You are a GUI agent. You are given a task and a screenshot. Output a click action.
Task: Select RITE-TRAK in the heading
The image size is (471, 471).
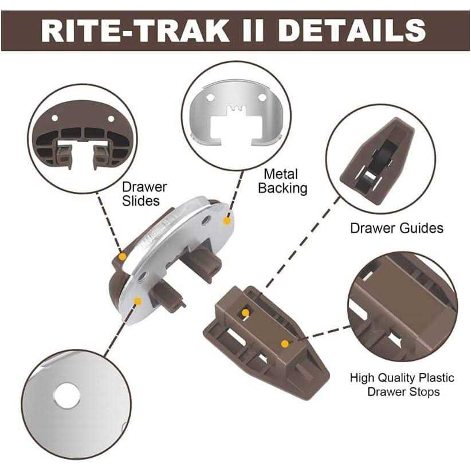[x=135, y=30]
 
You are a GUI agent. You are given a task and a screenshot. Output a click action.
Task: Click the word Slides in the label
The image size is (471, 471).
[x=141, y=201]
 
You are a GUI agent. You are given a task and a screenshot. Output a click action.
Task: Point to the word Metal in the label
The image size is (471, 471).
[x=281, y=174]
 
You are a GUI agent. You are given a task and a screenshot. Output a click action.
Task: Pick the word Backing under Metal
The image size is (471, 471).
[x=282, y=189]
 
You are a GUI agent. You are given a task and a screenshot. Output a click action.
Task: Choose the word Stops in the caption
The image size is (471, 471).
[x=424, y=392]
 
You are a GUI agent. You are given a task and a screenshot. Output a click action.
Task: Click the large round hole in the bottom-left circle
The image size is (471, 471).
[x=66, y=396]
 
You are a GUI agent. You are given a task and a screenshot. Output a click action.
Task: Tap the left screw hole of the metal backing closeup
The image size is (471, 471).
[x=210, y=97]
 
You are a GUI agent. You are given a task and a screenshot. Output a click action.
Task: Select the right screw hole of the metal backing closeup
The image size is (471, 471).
[x=262, y=97]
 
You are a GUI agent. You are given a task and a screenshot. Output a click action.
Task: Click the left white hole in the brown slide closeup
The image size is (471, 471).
[x=54, y=118]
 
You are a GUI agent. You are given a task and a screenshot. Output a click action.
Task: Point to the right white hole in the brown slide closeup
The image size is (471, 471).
[x=111, y=119]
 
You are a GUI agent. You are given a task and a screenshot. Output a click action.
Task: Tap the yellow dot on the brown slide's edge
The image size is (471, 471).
[x=122, y=257]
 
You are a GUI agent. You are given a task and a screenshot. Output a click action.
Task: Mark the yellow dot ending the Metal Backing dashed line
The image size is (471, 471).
[x=227, y=221]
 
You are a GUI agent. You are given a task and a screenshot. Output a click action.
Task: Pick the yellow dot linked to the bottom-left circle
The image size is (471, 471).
[x=138, y=301]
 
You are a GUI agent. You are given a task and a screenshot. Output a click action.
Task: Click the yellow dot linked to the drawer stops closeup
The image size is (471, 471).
[x=285, y=344]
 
